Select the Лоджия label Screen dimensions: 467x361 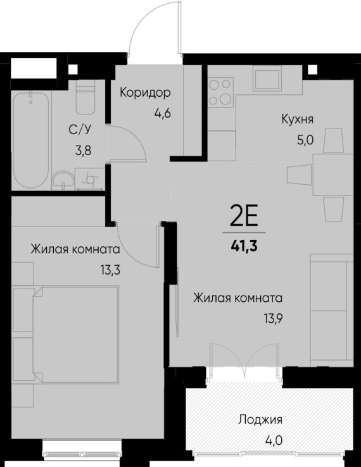tap(260, 420)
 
